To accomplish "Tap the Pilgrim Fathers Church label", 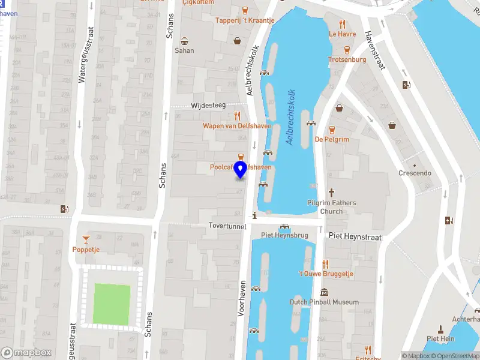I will pyautogui.click(x=331, y=207).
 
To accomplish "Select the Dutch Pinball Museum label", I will pyautogui.click(x=324, y=302).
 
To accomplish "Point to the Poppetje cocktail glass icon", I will pyautogui.click(x=86, y=239).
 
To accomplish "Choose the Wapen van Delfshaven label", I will pyautogui.click(x=237, y=126).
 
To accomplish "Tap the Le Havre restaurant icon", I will pyautogui.click(x=342, y=25).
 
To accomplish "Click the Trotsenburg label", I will pyautogui.click(x=347, y=59).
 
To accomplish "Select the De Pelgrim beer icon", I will pyautogui.click(x=331, y=129).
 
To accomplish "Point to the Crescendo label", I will pyautogui.click(x=415, y=173).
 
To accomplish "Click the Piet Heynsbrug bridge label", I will pyautogui.click(x=284, y=235).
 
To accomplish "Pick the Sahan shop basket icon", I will pyautogui.click(x=185, y=41).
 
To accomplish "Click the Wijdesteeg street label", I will pyautogui.click(x=208, y=105).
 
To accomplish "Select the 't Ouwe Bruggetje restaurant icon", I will pyautogui.click(x=326, y=263).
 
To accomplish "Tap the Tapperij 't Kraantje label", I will pyautogui.click(x=245, y=20).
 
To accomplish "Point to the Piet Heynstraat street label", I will pyautogui.click(x=355, y=236).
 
